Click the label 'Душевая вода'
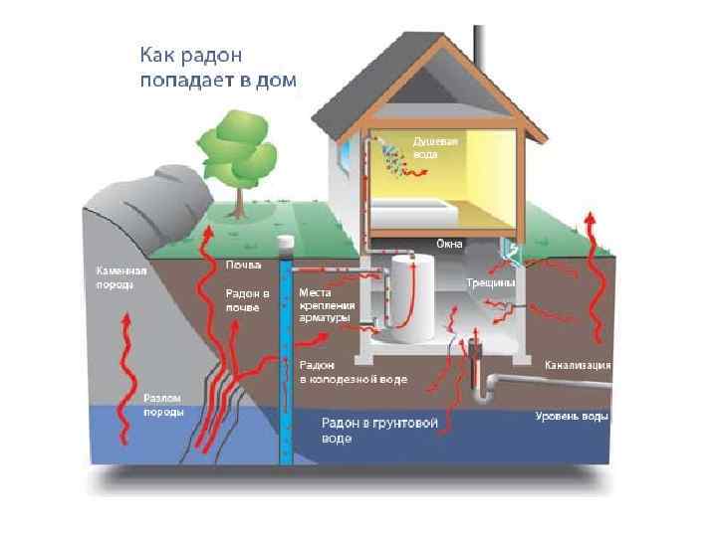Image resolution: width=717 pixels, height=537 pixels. (x=435, y=148)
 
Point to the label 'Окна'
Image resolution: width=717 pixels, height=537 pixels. (x=449, y=244)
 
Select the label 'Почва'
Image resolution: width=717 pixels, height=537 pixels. (x=243, y=265)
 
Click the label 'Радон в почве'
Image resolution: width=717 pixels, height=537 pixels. (x=247, y=300)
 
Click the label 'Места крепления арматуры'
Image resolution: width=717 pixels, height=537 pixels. (x=325, y=305)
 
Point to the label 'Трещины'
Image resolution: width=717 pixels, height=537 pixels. (x=490, y=283)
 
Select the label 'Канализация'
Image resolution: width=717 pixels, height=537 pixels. (x=577, y=365)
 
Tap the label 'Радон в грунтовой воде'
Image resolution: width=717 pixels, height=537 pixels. (x=379, y=430)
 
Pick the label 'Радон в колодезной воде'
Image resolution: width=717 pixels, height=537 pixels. (x=353, y=373)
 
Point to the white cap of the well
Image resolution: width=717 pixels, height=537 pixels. (x=287, y=242)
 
